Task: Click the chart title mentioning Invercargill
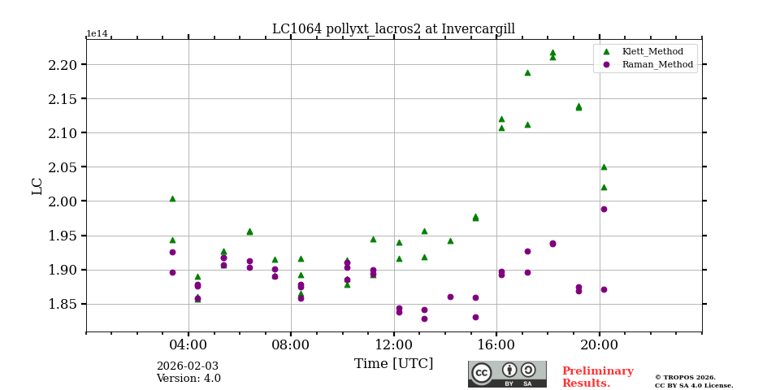click(393, 29)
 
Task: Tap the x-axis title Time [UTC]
click(393, 364)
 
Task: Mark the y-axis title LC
click(37, 185)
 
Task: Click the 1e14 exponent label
click(97, 34)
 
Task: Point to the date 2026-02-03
click(188, 366)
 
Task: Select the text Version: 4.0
click(188, 379)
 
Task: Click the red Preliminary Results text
click(597, 377)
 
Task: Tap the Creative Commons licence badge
click(507, 374)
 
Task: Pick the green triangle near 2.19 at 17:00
click(527, 72)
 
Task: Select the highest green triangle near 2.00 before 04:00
click(172, 198)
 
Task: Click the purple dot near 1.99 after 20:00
click(604, 209)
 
